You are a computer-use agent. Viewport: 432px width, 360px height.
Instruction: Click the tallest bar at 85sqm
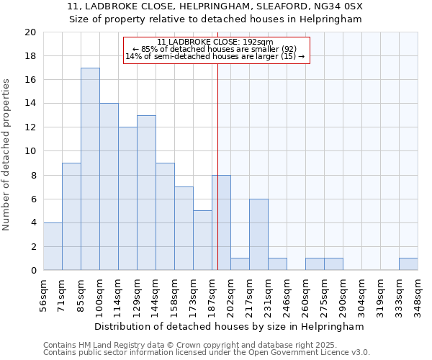point(90,169)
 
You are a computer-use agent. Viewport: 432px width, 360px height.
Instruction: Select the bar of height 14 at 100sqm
point(109,187)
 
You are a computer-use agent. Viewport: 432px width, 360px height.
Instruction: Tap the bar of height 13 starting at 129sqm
point(146,193)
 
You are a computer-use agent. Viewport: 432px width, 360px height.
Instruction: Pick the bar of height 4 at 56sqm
point(53,246)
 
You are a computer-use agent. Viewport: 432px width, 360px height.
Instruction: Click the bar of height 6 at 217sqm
point(258,235)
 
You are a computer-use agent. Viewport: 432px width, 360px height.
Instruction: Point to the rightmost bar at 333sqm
point(408,264)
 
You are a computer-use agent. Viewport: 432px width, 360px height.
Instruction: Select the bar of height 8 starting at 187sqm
point(221,222)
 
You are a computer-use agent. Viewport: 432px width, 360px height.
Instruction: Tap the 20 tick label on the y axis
point(30,32)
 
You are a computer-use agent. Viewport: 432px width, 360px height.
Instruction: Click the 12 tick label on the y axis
point(30,127)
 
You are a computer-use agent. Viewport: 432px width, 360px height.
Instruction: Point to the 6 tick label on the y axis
point(32,199)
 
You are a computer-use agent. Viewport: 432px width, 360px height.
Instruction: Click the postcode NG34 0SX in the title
point(338,6)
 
